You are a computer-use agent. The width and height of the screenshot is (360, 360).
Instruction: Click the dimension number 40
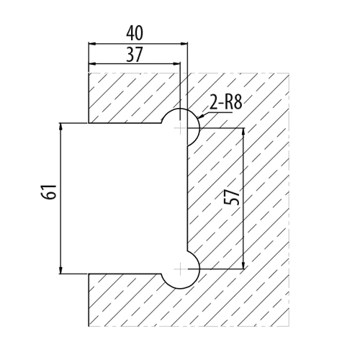tap(135, 33)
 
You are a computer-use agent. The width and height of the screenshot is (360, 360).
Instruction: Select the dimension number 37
tap(135, 55)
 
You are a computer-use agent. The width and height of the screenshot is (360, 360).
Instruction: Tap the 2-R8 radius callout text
tap(225, 102)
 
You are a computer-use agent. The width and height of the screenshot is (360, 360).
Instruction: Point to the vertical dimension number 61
tap(49, 192)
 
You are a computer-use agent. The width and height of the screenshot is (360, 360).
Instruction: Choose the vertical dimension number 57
tap(233, 197)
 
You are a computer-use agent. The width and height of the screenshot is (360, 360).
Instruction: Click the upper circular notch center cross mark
tap(180, 127)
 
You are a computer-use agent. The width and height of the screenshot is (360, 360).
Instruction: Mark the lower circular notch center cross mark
tap(180, 269)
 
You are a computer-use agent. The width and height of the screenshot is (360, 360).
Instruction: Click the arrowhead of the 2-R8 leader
tap(201, 116)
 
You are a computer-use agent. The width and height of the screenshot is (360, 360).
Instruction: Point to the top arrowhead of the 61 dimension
tap(61, 127)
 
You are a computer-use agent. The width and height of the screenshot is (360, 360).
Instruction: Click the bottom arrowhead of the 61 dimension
tap(61, 270)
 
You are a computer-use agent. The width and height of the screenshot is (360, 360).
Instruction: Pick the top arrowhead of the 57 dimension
tap(243, 132)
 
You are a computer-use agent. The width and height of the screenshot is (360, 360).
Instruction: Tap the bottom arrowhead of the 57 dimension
tap(243, 265)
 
